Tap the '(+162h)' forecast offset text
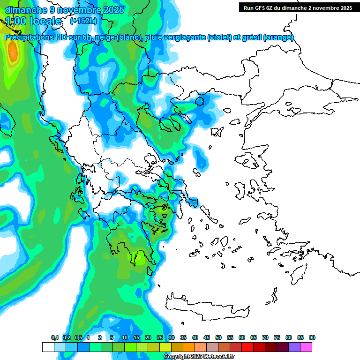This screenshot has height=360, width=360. [83, 21]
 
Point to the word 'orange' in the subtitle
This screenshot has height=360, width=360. [278, 37]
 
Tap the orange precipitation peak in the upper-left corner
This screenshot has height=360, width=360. [13, 52]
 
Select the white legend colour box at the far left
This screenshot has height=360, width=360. [48, 347]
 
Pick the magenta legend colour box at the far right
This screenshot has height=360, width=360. [306, 347]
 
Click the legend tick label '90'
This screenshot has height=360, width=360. [312, 337]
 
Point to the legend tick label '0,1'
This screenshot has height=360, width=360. [54, 337]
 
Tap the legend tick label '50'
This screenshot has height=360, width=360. [218, 337]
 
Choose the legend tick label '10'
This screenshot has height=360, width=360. [125, 337]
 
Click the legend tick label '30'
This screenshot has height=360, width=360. [172, 337]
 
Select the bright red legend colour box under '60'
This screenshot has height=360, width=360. [247, 347]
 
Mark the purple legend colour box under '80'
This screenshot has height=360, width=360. [294, 347]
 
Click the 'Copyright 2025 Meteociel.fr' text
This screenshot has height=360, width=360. [199, 357]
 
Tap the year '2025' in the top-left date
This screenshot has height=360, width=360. [112, 10]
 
